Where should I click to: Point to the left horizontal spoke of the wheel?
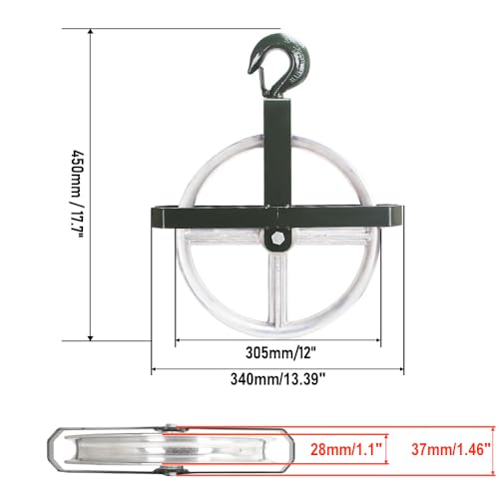[220, 243]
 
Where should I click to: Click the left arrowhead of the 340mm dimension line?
[157, 368]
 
